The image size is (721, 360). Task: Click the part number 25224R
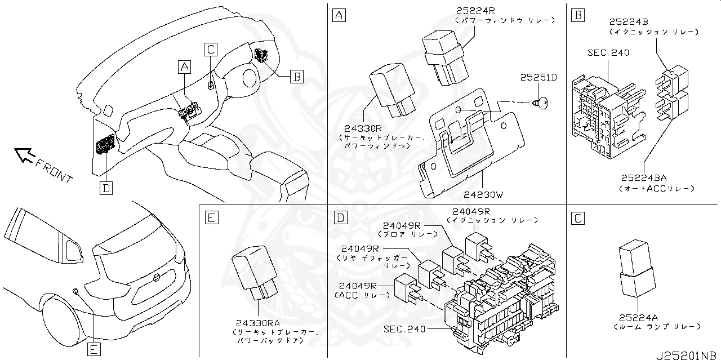point(477,11)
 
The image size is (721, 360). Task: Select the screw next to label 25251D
point(543,103)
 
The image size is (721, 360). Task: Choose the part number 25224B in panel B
point(629,22)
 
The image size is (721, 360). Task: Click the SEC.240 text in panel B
point(608,53)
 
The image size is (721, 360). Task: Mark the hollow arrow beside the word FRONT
point(24,154)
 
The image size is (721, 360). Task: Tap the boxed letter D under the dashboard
point(105,187)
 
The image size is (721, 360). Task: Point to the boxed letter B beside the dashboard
point(297,76)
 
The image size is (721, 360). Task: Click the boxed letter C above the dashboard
point(210,49)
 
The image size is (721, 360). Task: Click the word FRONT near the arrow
point(55,170)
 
